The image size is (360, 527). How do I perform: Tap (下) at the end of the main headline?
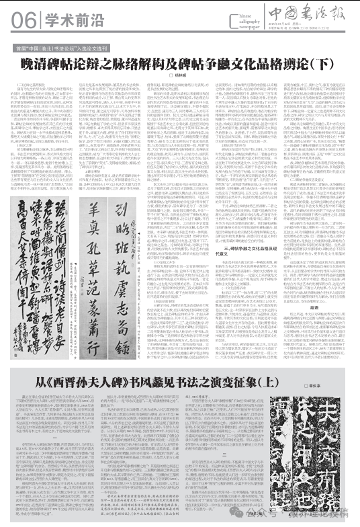point(325,65)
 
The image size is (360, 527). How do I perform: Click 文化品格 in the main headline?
point(253,65)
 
